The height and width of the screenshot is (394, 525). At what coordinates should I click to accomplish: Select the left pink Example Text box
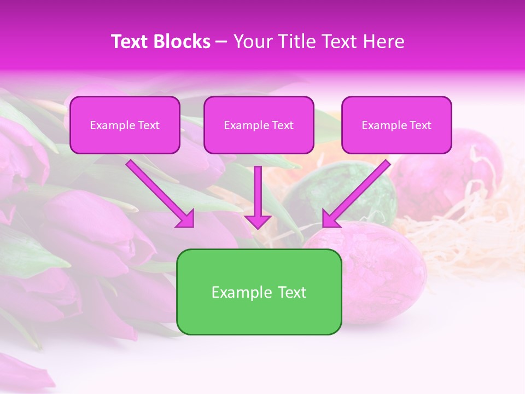click(x=125, y=125)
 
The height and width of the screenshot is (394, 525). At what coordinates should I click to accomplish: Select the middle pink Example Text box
click(x=259, y=125)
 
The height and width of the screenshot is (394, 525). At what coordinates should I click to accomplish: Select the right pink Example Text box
click(x=396, y=125)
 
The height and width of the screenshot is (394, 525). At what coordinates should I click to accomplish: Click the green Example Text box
click(x=259, y=292)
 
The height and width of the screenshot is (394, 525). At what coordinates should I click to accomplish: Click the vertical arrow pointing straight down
click(x=258, y=197)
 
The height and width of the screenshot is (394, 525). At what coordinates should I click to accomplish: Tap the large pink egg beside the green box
click(x=383, y=268)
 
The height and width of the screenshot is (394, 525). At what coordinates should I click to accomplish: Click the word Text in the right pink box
click(x=419, y=125)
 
